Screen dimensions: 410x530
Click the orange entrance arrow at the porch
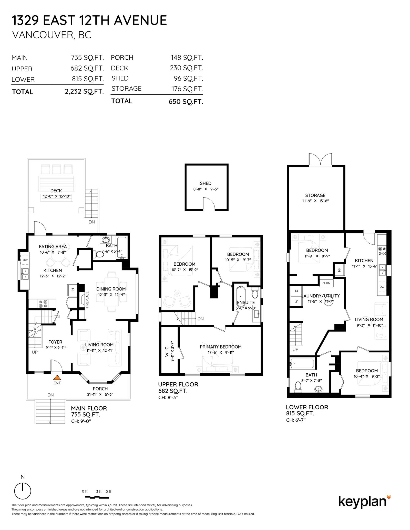point(57,377)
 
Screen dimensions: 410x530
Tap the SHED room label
point(206,183)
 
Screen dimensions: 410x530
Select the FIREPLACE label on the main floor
point(87,300)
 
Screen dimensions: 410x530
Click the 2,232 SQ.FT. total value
point(84,91)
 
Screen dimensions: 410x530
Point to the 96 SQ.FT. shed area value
point(188,79)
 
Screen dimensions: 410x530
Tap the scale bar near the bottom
point(97,497)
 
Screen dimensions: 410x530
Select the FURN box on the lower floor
point(326,283)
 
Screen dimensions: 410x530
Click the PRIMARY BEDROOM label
point(221,347)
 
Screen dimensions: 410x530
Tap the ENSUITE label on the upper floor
point(246,302)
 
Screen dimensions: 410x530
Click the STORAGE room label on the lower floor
point(315,195)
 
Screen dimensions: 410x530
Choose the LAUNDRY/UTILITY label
point(321,296)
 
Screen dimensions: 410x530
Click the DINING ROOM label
point(111,289)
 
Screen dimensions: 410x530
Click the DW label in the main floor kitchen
point(25,260)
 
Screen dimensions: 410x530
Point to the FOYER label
point(55,342)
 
